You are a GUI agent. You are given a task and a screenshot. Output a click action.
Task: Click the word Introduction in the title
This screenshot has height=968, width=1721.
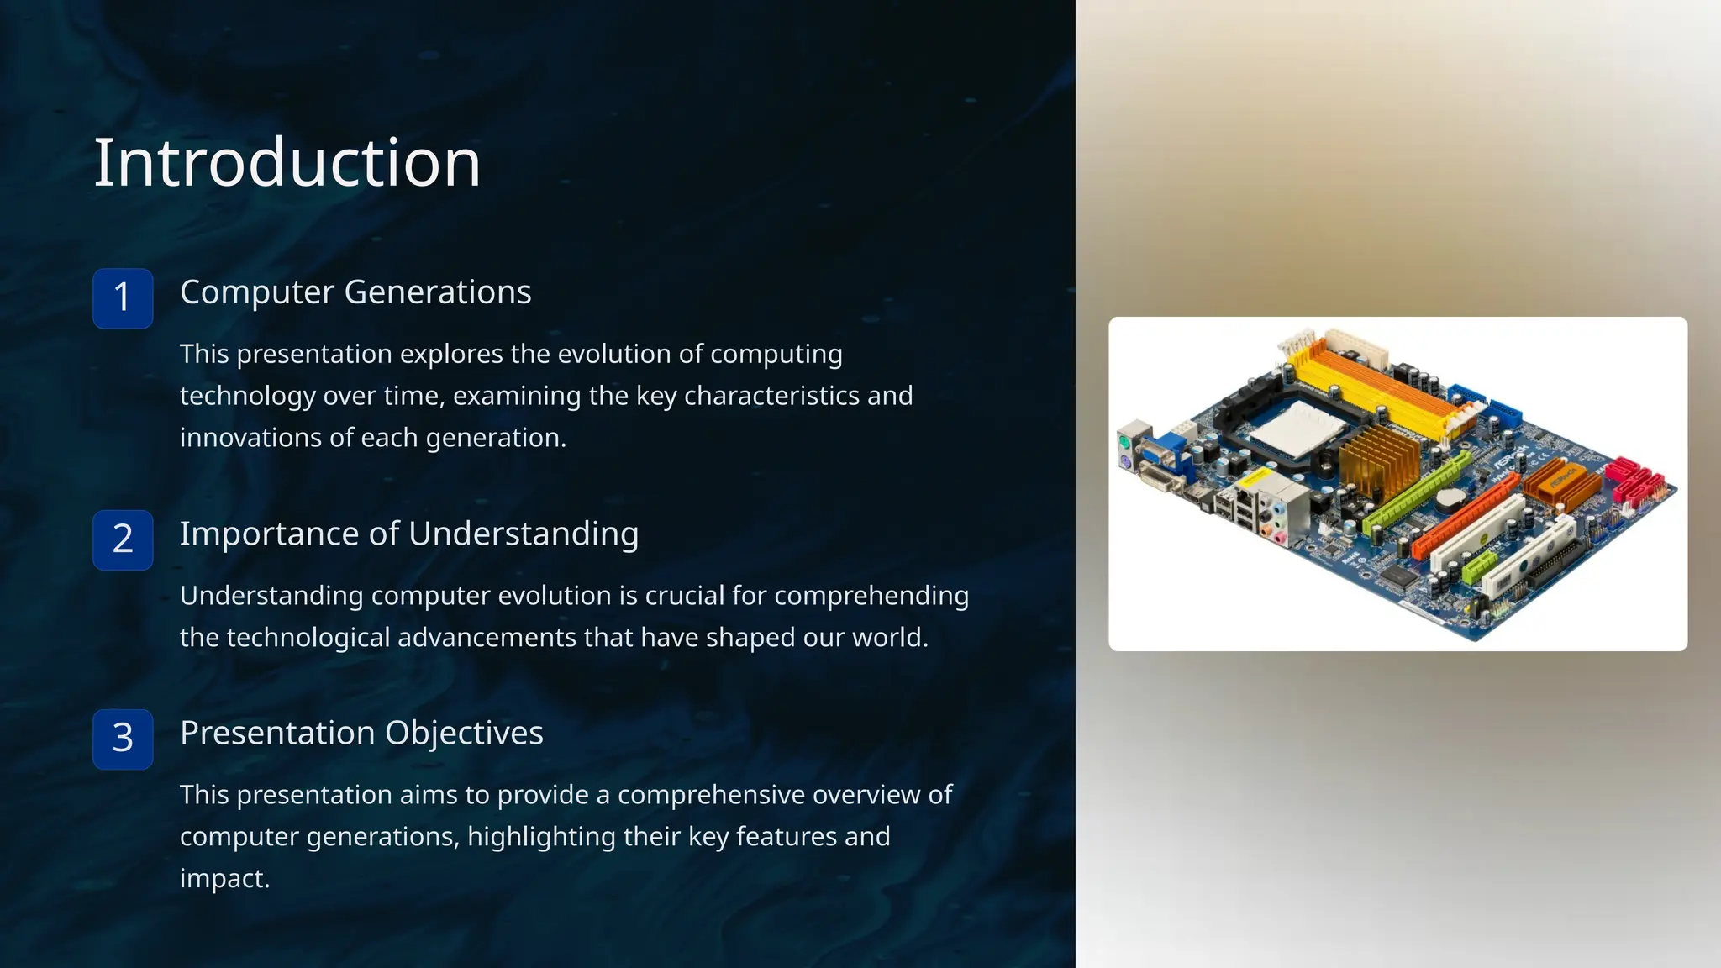(287, 162)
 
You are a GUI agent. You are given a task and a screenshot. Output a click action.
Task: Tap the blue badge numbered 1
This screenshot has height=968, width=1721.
(123, 298)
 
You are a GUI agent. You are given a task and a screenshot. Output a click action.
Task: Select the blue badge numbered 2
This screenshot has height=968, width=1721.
(123, 539)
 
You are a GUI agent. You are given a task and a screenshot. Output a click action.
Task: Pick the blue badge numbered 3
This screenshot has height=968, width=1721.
(123, 739)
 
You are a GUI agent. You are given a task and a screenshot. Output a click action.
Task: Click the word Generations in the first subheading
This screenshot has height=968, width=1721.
(437, 292)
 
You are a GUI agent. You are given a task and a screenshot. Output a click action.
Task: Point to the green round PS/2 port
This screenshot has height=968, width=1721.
(1124, 440)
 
